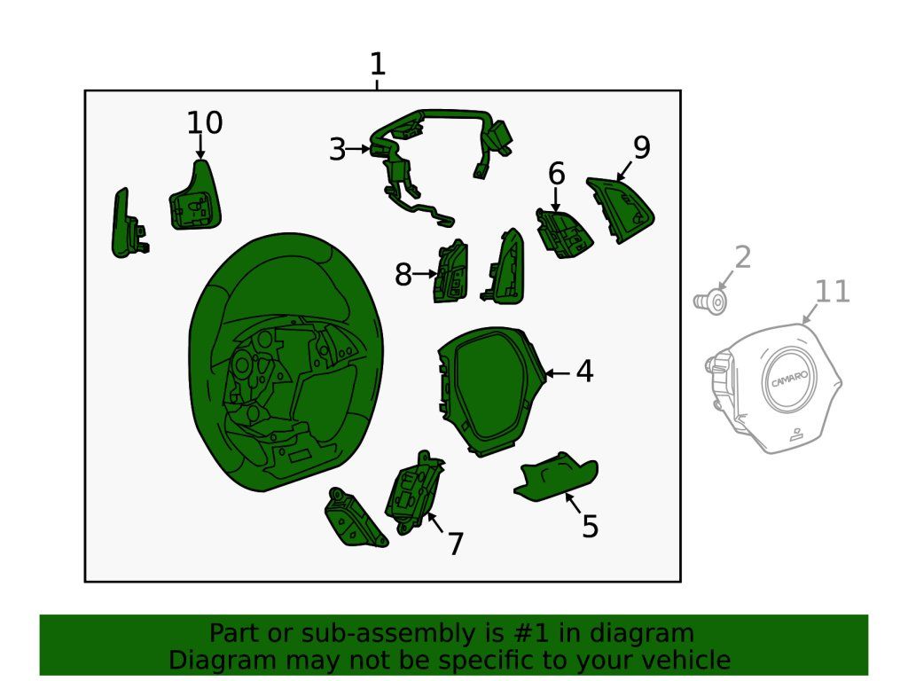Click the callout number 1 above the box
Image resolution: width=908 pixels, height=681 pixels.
coord(377,64)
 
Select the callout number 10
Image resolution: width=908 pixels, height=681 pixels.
coord(205,122)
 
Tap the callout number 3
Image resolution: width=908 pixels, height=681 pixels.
coord(338,149)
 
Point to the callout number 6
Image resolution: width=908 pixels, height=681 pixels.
coord(557,174)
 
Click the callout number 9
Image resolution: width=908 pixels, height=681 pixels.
coord(642,147)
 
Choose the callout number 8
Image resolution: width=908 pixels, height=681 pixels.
coord(403,275)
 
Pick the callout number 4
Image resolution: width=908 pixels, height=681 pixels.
coord(585,372)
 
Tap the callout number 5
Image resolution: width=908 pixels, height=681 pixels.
coord(590,527)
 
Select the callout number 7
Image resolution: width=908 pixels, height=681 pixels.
coord(456,544)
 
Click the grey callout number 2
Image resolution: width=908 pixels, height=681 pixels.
coord(743,257)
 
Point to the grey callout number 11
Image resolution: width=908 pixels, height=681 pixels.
coord(832,291)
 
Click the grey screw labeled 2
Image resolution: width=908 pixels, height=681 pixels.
coord(710,302)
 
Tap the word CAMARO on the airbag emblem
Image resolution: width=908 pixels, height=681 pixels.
coord(789,380)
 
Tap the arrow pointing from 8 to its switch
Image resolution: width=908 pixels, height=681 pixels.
coord(425,274)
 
